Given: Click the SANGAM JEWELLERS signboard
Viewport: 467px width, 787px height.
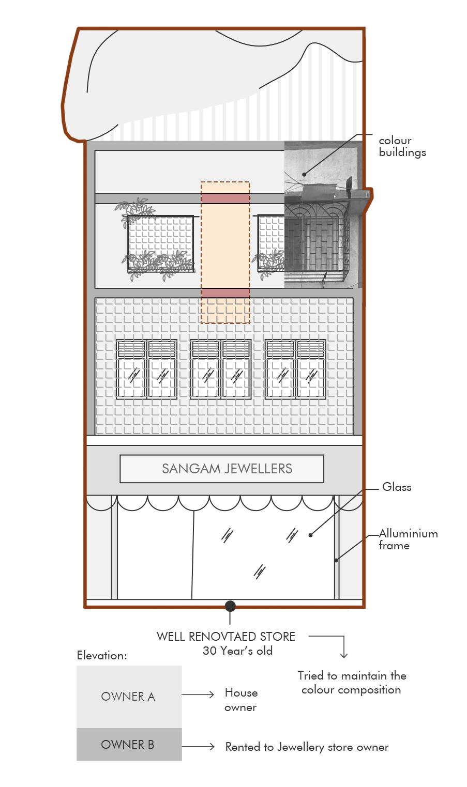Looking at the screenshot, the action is point(222,469).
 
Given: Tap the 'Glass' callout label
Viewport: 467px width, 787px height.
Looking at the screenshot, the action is point(397,487).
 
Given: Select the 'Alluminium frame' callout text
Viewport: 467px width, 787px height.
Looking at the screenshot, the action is point(408,539).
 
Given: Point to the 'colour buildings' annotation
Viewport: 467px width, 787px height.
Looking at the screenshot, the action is point(402,146).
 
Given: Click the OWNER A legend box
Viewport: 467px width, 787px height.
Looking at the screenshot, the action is point(129,697).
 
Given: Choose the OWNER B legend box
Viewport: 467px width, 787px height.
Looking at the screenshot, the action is point(129,745).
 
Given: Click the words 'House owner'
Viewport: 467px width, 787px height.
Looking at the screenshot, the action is point(241,700).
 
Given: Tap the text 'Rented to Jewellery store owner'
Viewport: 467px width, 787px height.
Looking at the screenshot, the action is point(307,747).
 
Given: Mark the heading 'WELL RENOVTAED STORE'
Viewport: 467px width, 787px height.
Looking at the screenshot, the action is point(226,637).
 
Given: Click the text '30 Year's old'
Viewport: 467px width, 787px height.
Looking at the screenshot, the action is point(237,651).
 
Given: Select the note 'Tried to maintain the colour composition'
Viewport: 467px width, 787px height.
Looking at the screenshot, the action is point(352,683).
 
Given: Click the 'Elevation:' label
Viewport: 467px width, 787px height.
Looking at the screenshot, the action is point(102,655).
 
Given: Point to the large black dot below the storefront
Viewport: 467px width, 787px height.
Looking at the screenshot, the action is point(230,606).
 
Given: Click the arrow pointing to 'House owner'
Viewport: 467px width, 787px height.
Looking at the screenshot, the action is point(198,695).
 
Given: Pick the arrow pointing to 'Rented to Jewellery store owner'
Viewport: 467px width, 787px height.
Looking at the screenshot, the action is point(198,746).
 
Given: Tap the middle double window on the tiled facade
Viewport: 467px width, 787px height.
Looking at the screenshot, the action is point(221,369).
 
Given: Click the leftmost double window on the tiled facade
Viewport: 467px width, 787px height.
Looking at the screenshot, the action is point(146,369).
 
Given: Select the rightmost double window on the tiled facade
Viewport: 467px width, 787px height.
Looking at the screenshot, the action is point(295,369).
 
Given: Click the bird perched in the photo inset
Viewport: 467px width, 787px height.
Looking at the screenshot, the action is point(350,184).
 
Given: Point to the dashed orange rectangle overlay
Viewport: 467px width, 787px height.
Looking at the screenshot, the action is point(225,252).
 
